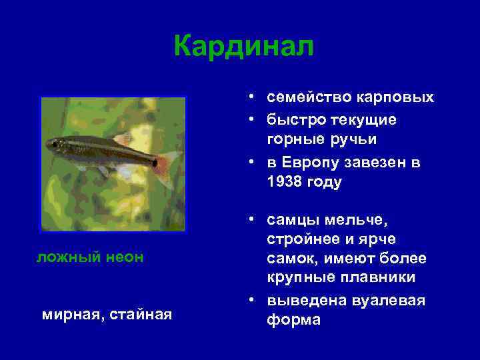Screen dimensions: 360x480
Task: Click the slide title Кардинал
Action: pos(243,47)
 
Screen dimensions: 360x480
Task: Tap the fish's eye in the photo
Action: pos(53,143)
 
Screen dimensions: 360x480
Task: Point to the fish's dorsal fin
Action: pos(121,139)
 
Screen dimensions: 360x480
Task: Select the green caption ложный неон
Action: pos(89,257)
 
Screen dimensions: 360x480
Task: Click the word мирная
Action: pos(67,313)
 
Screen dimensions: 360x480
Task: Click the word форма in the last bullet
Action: pos(293,319)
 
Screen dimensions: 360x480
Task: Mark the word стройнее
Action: pos(301,239)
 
